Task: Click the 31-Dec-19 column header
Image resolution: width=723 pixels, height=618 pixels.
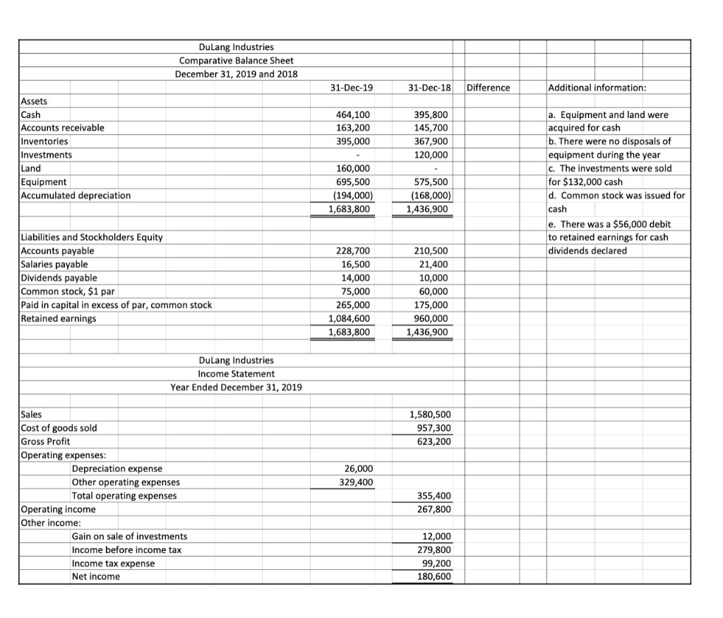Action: pos(352,88)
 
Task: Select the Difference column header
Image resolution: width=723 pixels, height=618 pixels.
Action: pos(489,88)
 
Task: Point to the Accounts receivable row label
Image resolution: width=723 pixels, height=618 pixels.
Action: pos(63,128)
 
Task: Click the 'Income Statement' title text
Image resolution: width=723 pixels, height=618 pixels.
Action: pos(236,373)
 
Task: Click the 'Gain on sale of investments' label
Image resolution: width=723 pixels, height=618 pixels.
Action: pos(129,537)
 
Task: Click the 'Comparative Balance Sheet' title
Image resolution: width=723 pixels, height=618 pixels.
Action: pos(236,61)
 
